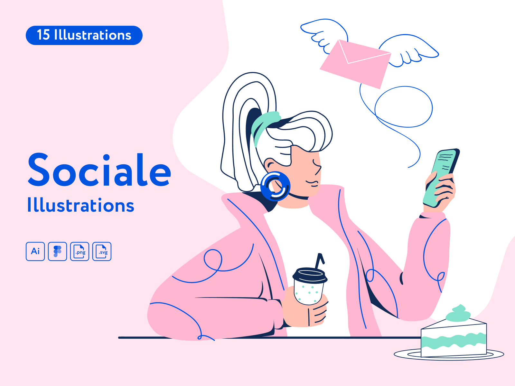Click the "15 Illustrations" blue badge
[84, 35]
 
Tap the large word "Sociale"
[99, 170]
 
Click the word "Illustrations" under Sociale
[81, 205]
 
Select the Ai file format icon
[35, 251]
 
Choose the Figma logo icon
[57, 251]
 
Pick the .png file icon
[80, 251]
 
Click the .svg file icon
[102, 251]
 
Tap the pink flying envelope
[355, 64]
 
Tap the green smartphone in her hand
[441, 178]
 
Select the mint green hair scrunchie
[265, 126]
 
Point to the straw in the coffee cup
[320, 261]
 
